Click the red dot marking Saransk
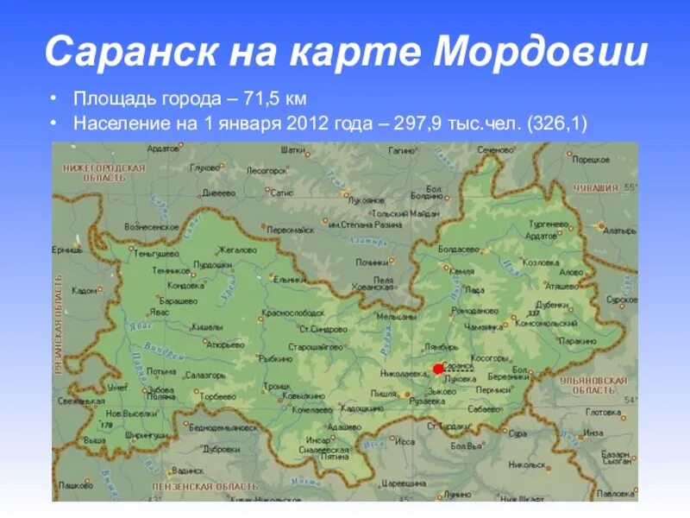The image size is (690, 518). click(x=438, y=369)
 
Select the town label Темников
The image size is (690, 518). click(x=172, y=270)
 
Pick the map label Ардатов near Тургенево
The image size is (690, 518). click(x=542, y=235)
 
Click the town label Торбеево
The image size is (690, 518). click(x=218, y=396)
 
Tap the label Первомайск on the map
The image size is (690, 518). click(x=291, y=231)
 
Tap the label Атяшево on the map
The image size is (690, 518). click(x=562, y=285)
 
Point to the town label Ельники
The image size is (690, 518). click(x=290, y=280)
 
